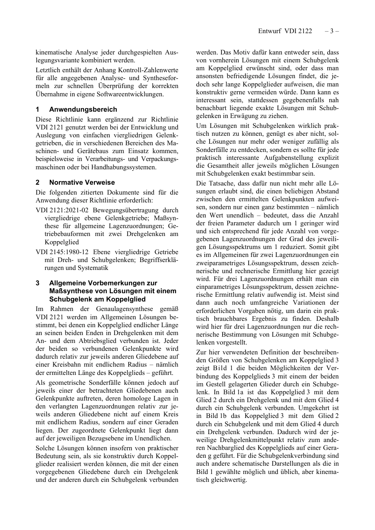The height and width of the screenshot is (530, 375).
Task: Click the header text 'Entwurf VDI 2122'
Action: pyautogui.click(x=285, y=31)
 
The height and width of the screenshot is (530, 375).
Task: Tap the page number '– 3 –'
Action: pyautogui.click(x=332, y=31)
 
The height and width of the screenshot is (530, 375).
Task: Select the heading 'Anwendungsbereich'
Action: pyautogui.click(x=83, y=109)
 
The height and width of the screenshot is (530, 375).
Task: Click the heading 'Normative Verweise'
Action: pyautogui.click(x=82, y=182)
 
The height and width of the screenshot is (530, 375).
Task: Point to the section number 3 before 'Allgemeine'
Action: pyautogui.click(x=37, y=283)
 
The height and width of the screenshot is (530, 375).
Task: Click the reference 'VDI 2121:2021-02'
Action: pyautogui.click(x=62, y=210)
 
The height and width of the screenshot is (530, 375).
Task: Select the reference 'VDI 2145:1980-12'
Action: pyautogui.click(x=62, y=252)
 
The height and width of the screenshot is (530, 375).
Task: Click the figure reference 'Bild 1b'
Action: pyautogui.click(x=217, y=416)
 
